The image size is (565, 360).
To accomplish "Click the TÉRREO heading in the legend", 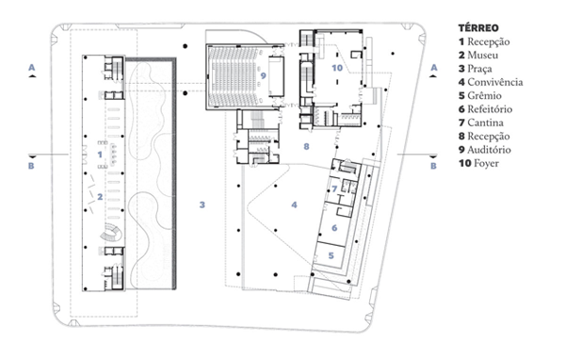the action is pyautogui.click(x=478, y=27).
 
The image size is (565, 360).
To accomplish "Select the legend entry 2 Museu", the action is pyautogui.click(x=478, y=56).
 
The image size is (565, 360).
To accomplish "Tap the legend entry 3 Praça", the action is pyautogui.click(x=476, y=69).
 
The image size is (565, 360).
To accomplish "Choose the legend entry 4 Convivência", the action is pyautogui.click(x=491, y=82).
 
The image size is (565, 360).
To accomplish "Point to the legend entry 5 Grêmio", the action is pyautogui.click(x=480, y=95).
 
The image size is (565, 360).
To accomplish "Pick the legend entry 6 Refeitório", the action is pyautogui.click(x=485, y=109).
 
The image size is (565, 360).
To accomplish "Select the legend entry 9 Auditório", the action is pyautogui.click(x=485, y=150).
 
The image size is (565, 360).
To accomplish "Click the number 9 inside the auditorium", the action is pyautogui.click(x=263, y=75).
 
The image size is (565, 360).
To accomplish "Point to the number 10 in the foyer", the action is pyautogui.click(x=337, y=68).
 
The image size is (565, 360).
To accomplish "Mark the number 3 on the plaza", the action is pyautogui.click(x=202, y=205).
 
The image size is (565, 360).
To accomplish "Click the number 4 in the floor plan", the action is pyautogui.click(x=295, y=205).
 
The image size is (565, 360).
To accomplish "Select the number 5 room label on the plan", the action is pyautogui.click(x=331, y=255).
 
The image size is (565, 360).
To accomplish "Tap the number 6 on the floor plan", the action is pyautogui.click(x=334, y=228).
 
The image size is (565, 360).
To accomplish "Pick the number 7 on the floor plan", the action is pyautogui.click(x=334, y=188).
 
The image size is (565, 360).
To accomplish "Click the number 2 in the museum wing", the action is pyautogui.click(x=100, y=197).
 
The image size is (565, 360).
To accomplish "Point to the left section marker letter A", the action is pyautogui.click(x=32, y=68).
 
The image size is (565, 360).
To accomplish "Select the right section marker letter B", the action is pyautogui.click(x=433, y=166).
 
